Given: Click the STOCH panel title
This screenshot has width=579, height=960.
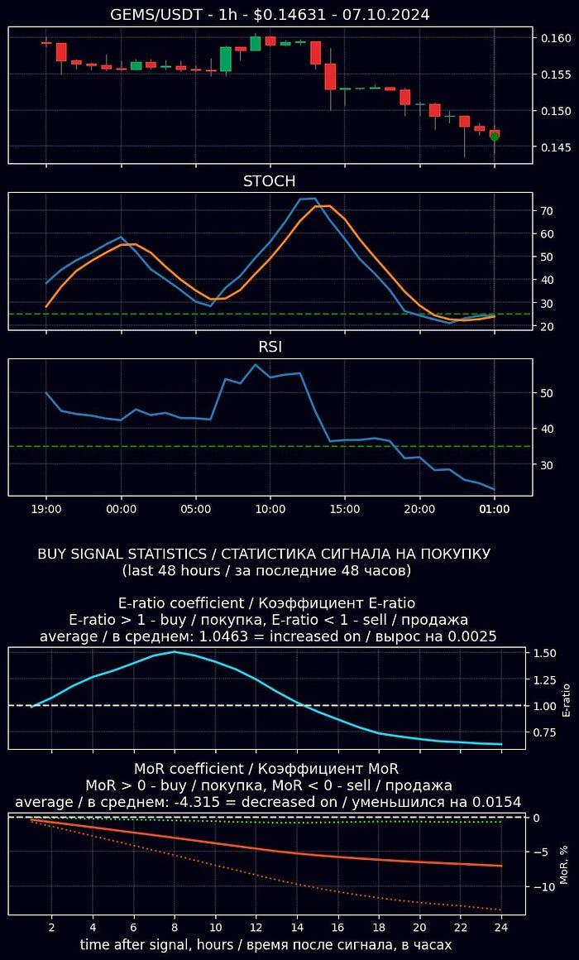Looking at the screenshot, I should coord(269,181).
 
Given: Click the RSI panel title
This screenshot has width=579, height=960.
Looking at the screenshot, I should coord(269,348).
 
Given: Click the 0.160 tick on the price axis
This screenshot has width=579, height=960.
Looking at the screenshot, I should coord(557,38).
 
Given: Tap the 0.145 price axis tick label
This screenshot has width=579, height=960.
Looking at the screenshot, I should coord(557,147).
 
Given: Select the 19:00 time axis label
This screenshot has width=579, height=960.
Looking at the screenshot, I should coord(46,510).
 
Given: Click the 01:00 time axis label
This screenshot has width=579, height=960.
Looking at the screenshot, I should coord(494,510).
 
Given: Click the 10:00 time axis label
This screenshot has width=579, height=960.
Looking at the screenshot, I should coord(270,510).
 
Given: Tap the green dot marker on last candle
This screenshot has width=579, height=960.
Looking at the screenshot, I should coord(495,137).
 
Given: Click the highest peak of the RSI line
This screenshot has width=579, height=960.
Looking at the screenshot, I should coord(256,365).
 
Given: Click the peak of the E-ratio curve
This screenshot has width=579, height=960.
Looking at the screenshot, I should coord(175,652).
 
